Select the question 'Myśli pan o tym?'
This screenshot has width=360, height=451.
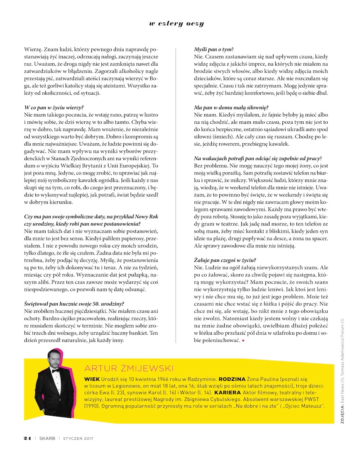[x=213, y=49]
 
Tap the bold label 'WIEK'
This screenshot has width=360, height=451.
[x=91, y=379]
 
